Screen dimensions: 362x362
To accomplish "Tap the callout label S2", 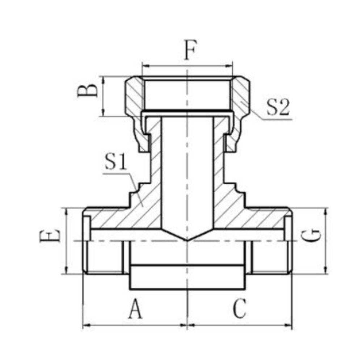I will [278, 108].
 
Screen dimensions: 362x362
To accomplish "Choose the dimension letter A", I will [136, 309].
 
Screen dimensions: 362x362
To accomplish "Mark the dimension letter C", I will [240, 309].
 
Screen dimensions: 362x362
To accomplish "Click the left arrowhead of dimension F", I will [144, 66].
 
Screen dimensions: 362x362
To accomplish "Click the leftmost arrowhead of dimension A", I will [85, 326].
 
